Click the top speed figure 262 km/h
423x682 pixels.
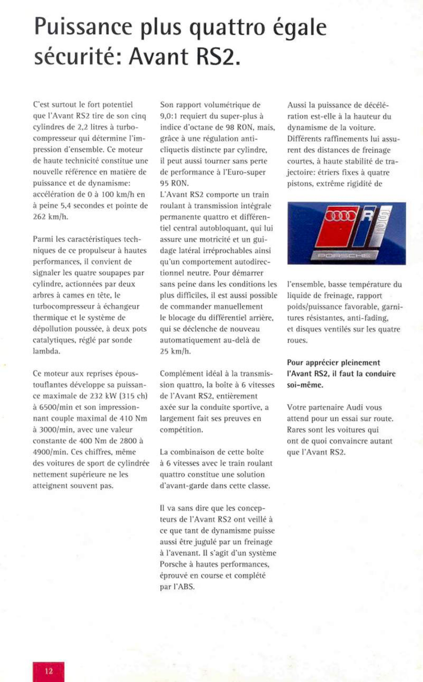tap(50, 217)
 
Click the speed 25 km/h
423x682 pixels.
tap(175, 351)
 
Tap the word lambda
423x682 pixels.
tap(46, 351)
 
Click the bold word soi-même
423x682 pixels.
tap(305, 385)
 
